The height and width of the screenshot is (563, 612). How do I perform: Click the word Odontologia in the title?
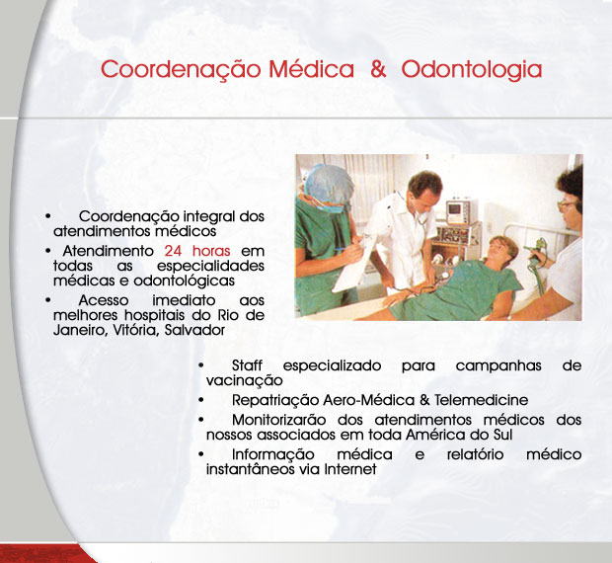pyautogui.click(x=472, y=70)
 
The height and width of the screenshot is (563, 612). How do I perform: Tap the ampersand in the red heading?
pyautogui.click(x=378, y=69)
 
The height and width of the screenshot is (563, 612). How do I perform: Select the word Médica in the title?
pyautogui.click(x=312, y=69)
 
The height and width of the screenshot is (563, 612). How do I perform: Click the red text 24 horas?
pyautogui.click(x=197, y=250)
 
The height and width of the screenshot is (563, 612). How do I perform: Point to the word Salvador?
pyautogui.click(x=194, y=330)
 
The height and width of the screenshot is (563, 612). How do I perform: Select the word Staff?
pyautogui.click(x=247, y=365)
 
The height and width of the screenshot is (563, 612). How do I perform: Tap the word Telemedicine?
pyautogui.click(x=481, y=400)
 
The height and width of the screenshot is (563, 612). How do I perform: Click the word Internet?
pyautogui.click(x=350, y=469)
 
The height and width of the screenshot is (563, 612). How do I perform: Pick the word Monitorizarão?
pyautogui.click(x=278, y=420)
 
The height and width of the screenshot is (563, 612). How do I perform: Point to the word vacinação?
pyautogui.click(x=245, y=380)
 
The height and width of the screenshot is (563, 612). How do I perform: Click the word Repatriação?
pyautogui.click(x=275, y=401)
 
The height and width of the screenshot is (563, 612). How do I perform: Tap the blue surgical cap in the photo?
pyautogui.click(x=329, y=185)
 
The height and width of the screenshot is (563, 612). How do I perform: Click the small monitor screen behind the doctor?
pyautogui.click(x=455, y=208)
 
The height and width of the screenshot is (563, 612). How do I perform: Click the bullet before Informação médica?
pyautogui.click(x=201, y=454)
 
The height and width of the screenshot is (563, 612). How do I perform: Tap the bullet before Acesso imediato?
pyautogui.click(x=48, y=300)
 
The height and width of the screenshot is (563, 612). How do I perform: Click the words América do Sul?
pyautogui.click(x=459, y=435)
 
